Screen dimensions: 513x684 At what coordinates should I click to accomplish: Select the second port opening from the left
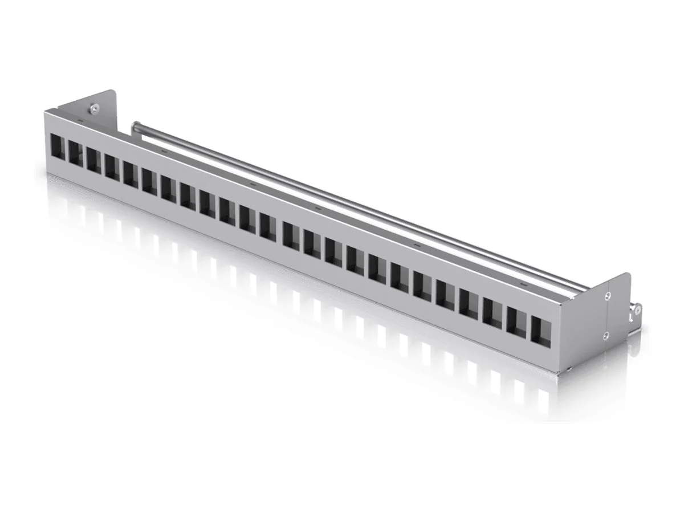pyautogui.click(x=76, y=151)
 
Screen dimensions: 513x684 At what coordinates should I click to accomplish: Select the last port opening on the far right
pyautogui.click(x=541, y=330)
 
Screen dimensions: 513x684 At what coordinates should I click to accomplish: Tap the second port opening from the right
pyautogui.click(x=517, y=322)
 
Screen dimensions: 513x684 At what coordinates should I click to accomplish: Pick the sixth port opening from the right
pyautogui.click(x=422, y=286)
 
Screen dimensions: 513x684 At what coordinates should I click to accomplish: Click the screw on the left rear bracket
pyautogui.click(x=92, y=107)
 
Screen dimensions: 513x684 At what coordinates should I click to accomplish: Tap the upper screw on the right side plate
pyautogui.click(x=608, y=295)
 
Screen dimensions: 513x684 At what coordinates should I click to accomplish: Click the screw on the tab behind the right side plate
pyautogui.click(x=638, y=310)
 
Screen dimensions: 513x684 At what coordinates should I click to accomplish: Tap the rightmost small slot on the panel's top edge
pyautogui.click(x=523, y=283)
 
